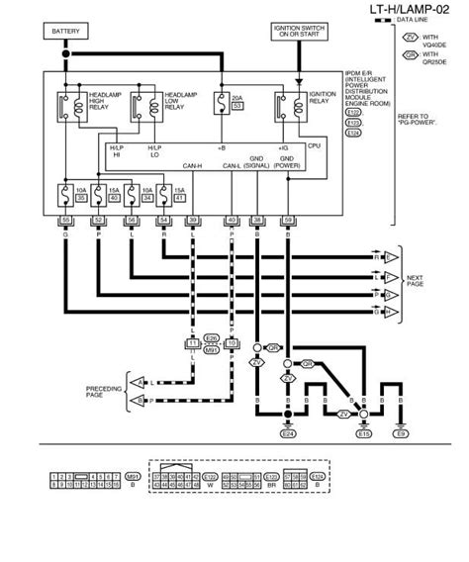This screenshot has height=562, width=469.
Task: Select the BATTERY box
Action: tap(66, 32)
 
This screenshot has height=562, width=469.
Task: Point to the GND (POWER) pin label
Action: tap(287, 160)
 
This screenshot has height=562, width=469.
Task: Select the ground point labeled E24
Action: tap(288, 433)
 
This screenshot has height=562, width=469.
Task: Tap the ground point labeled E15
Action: tap(363, 433)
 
